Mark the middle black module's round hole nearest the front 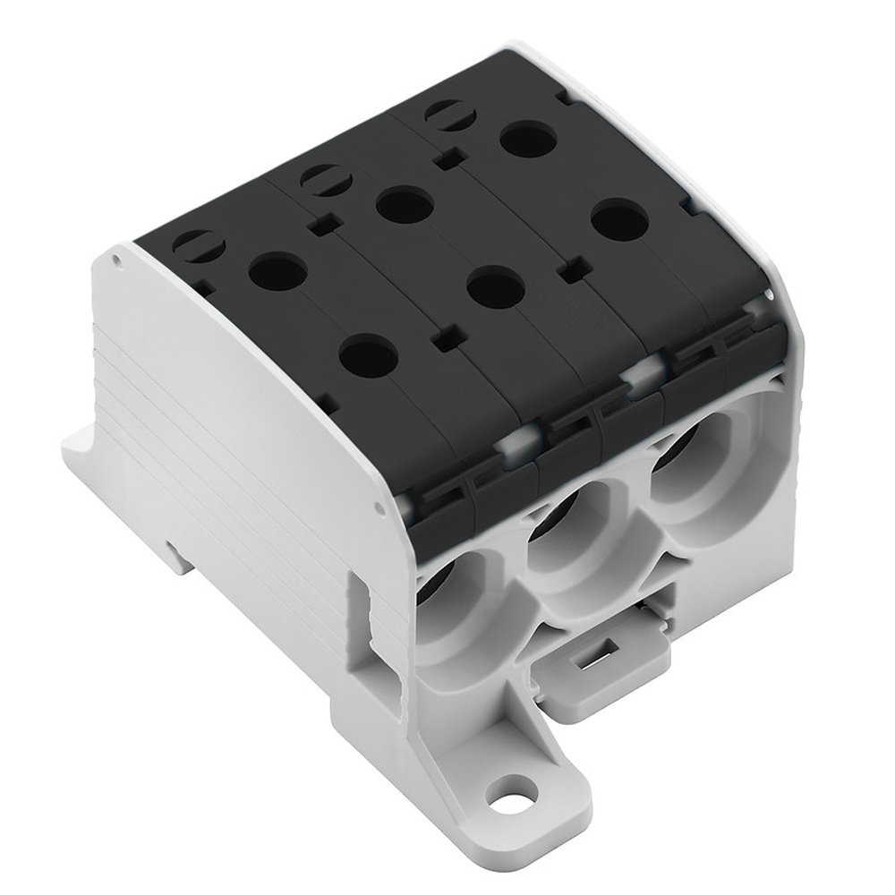(494, 287)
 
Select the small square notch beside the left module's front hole (440, 340)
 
